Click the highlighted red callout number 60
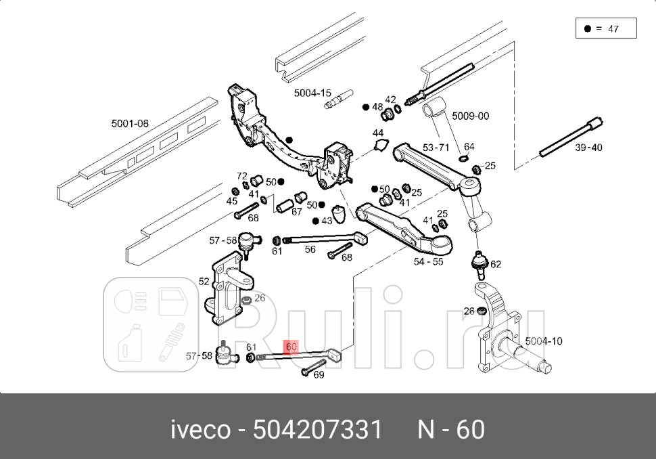(x=291, y=347)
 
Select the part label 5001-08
(x=130, y=124)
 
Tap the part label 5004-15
(x=312, y=93)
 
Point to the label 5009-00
(x=470, y=116)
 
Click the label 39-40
(x=588, y=147)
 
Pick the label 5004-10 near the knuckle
(x=543, y=341)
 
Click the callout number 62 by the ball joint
(x=496, y=264)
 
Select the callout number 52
(x=204, y=281)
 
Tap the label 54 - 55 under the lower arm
(x=429, y=261)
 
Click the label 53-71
(x=436, y=147)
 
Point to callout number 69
(x=319, y=374)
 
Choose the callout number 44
(x=378, y=133)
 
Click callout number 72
(x=242, y=176)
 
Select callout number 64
(x=469, y=147)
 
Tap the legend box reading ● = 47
(x=605, y=29)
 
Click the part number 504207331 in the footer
(x=317, y=429)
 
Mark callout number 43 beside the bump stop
(x=327, y=221)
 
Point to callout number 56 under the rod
(x=310, y=249)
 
